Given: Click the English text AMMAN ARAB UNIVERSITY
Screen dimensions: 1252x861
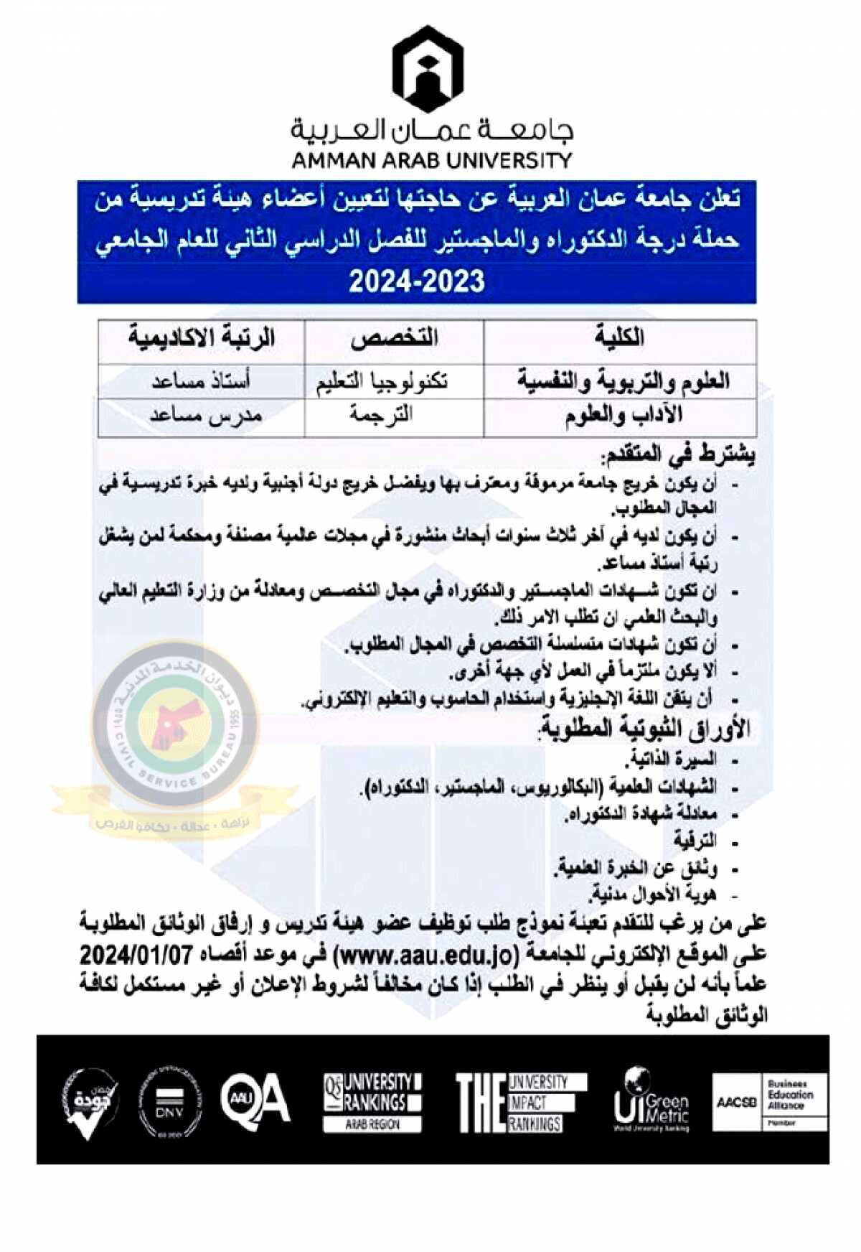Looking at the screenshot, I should pyautogui.click(x=431, y=160).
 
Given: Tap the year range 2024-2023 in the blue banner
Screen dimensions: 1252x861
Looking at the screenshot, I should pyautogui.click(x=417, y=281).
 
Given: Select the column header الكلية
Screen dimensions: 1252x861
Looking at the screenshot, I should pyautogui.click(x=619, y=337).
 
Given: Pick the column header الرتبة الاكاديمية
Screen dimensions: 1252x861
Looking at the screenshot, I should pyautogui.click(x=202, y=337).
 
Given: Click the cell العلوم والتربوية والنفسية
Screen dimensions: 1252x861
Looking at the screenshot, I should pyautogui.click(x=623, y=381).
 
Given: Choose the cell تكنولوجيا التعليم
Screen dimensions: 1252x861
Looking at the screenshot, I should pyautogui.click(x=382, y=381).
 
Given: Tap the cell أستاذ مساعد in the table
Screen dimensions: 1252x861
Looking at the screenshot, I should pyautogui.click(x=201, y=381).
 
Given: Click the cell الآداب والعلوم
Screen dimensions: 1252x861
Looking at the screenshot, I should pyautogui.click(x=624, y=416).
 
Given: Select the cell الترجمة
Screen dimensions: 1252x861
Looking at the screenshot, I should pyautogui.click(x=381, y=415).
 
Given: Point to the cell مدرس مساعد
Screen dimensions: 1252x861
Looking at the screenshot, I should pyautogui.click(x=206, y=416).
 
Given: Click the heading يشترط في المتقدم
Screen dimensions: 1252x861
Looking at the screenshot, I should pyautogui.click(x=679, y=454).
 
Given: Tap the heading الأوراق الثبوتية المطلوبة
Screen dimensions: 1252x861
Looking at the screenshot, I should pyautogui.click(x=644, y=729).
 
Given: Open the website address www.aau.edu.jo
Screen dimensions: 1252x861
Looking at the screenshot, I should pyautogui.click(x=426, y=956).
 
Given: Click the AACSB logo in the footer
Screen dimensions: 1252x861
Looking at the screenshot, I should pyautogui.click(x=736, y=1102).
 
